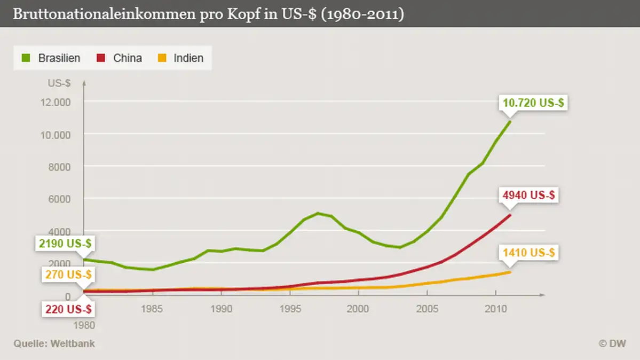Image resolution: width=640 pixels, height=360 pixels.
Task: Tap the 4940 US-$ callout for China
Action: [529, 195]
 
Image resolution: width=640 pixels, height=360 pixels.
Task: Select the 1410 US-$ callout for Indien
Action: [530, 252]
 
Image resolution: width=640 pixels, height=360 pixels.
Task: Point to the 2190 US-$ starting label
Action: [65, 244]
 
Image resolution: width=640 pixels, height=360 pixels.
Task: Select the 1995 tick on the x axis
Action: [289, 309]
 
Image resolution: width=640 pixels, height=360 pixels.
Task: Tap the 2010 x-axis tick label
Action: [495, 309]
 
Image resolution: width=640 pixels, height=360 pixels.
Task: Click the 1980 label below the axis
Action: [84, 325]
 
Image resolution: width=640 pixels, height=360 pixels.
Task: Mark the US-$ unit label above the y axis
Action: [59, 83]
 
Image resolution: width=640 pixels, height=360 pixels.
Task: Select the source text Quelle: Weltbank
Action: [54, 343]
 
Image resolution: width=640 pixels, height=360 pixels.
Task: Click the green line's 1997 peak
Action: [318, 213]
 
